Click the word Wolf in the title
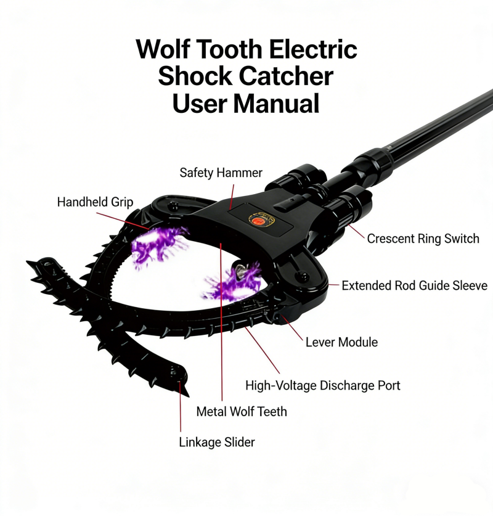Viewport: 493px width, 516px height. pyautogui.click(x=163, y=49)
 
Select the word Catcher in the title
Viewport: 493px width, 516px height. pyautogui.click(x=286, y=76)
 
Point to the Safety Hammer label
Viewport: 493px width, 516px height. pyautogui.click(x=221, y=173)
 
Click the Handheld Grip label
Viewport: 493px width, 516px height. pyautogui.click(x=95, y=202)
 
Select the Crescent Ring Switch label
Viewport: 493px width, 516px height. pyautogui.click(x=423, y=239)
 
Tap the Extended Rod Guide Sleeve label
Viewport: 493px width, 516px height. pyautogui.click(x=414, y=285)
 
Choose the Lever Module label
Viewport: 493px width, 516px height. pyautogui.click(x=342, y=342)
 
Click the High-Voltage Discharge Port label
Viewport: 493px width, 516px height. pyautogui.click(x=323, y=385)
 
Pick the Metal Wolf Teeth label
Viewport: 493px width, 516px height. pyautogui.click(x=242, y=412)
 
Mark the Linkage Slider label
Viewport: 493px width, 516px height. pyautogui.click(x=217, y=442)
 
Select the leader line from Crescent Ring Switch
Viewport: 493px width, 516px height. pyautogui.click(x=357, y=231)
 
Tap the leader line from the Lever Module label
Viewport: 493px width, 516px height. pyautogui.click(x=291, y=329)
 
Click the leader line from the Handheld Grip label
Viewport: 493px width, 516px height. pyautogui.click(x=123, y=221)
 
